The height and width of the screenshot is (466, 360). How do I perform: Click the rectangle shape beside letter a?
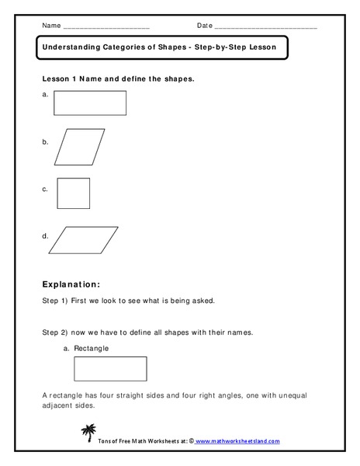pyautogui.click(x=89, y=103)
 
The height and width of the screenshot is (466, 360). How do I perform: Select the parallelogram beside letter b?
pyautogui.click(x=79, y=146)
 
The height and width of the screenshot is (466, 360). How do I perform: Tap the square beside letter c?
pyautogui.click(x=73, y=193)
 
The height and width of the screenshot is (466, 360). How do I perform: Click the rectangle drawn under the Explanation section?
pyautogui.click(x=110, y=369)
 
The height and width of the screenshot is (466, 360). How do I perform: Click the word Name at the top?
pyautogui.click(x=51, y=26)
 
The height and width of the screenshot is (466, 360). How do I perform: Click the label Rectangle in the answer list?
pyautogui.click(x=91, y=349)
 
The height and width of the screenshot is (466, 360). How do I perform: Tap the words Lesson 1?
pyautogui.click(x=61, y=79)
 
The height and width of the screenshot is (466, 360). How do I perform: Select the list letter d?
pyautogui.click(x=45, y=235)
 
